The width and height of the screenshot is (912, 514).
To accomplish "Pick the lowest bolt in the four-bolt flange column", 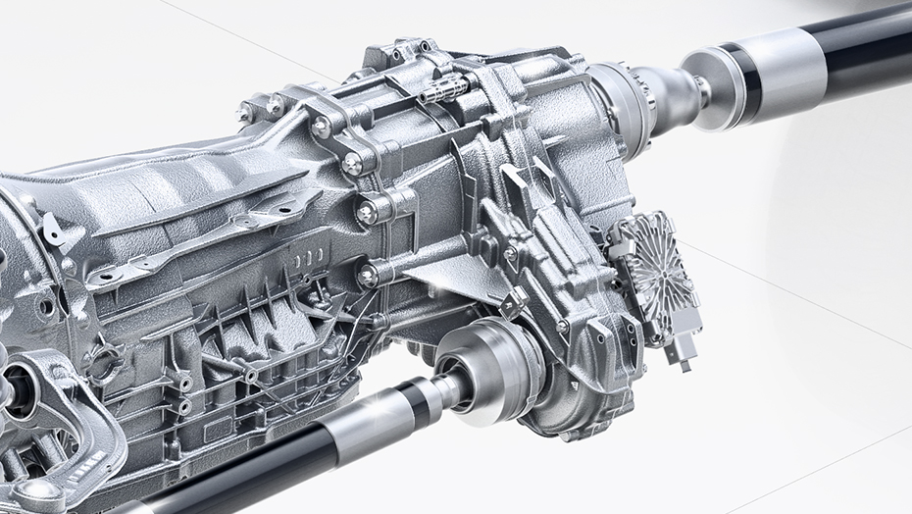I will pos(368,278).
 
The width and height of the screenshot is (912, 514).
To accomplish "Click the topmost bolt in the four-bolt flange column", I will pos(322,126).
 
